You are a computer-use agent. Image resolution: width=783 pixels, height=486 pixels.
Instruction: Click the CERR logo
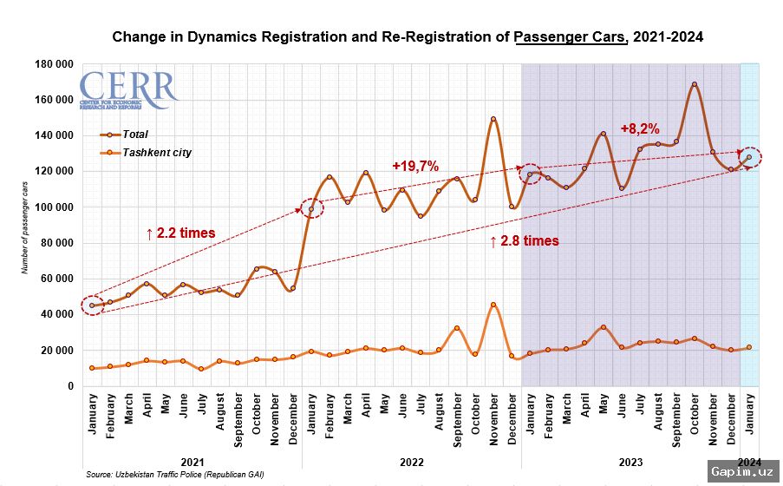tap(127, 90)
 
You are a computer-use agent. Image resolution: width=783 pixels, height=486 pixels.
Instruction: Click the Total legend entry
tap(134, 135)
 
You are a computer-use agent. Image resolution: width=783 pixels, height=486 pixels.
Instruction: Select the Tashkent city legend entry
tap(156, 153)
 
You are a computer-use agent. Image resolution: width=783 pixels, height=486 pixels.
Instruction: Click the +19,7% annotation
tap(415, 166)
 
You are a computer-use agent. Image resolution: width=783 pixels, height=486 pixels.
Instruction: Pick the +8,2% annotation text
tap(641, 128)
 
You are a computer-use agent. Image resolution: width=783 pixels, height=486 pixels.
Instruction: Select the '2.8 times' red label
tap(524, 241)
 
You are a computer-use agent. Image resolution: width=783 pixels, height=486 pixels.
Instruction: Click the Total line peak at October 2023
tap(695, 84)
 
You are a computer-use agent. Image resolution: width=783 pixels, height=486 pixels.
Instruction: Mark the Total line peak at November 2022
tap(493, 119)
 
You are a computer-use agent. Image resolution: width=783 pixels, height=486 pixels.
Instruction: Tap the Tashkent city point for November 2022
tap(493, 305)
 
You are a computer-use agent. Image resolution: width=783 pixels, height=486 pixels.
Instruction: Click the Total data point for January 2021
tap(92, 305)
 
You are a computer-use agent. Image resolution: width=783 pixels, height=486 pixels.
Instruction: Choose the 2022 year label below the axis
tap(411, 461)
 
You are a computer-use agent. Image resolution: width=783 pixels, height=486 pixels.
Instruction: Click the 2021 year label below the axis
tap(192, 461)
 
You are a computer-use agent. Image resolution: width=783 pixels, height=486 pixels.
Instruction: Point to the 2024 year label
tap(749, 461)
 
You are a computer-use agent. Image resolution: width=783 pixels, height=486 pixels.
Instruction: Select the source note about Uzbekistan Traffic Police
tap(174, 475)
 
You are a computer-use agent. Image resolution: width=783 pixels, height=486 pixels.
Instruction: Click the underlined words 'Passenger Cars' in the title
tap(570, 37)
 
